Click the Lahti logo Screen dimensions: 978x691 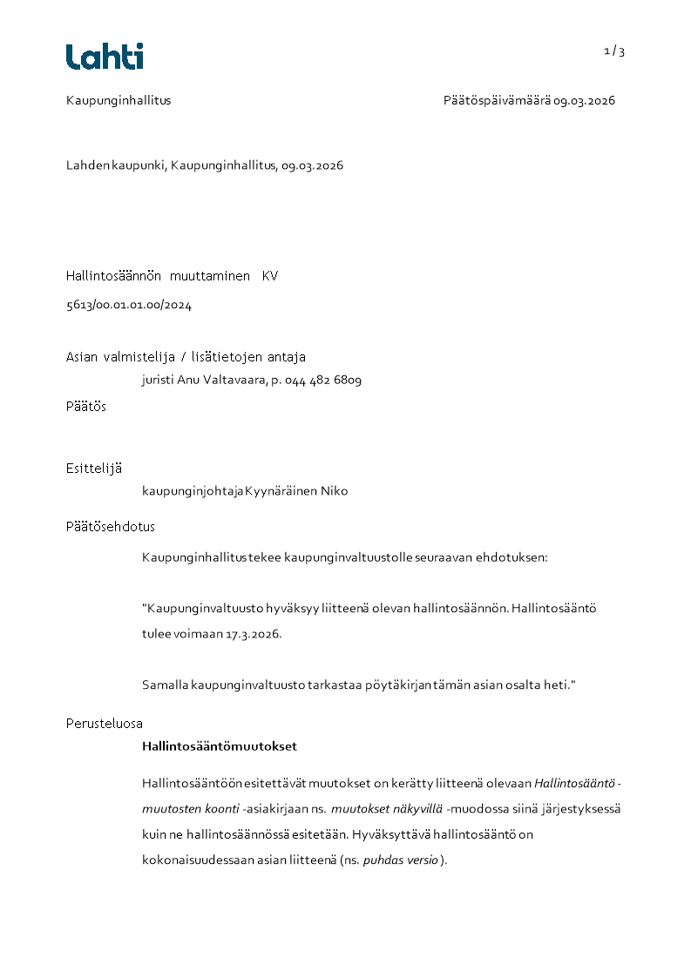(105, 57)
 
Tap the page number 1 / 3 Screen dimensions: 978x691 (614, 51)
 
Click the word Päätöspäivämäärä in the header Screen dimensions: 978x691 (496, 100)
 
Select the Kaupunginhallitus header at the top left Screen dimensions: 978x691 (119, 100)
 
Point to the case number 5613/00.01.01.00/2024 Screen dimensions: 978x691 (129, 305)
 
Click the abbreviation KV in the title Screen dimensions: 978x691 (270, 276)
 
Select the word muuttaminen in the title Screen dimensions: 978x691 (210, 276)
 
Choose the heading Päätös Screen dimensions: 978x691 (86, 407)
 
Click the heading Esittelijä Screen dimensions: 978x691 (94, 468)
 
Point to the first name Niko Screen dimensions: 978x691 (334, 491)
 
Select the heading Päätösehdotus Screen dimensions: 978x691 (111, 527)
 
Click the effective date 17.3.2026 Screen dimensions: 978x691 (254, 634)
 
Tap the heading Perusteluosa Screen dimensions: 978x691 (105, 724)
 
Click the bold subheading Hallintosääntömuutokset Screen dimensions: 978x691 (220, 746)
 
